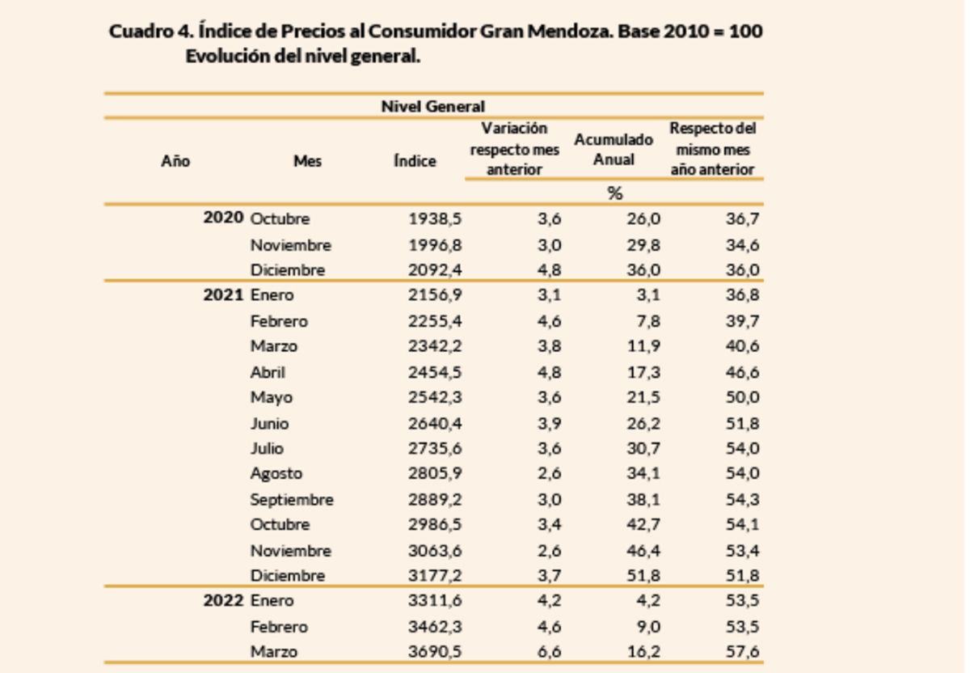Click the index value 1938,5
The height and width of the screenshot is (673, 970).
pyautogui.click(x=435, y=219)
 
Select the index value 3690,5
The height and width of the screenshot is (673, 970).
pyautogui.click(x=435, y=652)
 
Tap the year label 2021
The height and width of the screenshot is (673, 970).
pyautogui.click(x=223, y=295)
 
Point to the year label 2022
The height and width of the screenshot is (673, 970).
pyautogui.click(x=223, y=601)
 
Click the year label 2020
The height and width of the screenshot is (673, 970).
pyautogui.click(x=223, y=218)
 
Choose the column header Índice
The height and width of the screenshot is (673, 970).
pyautogui.click(x=415, y=161)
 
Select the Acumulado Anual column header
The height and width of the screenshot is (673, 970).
pyautogui.click(x=614, y=150)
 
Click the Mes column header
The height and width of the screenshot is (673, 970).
pyautogui.click(x=307, y=161)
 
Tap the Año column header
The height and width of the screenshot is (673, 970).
pyautogui.click(x=175, y=161)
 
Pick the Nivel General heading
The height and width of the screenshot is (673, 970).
pyautogui.click(x=433, y=107)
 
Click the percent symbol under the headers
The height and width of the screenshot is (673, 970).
pyautogui.click(x=614, y=193)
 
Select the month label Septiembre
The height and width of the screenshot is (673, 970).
pyautogui.click(x=292, y=500)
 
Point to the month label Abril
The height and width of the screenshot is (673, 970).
pyautogui.click(x=268, y=373)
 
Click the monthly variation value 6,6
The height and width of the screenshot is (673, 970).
pyautogui.click(x=550, y=652)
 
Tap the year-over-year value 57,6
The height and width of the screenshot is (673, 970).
pyautogui.click(x=741, y=652)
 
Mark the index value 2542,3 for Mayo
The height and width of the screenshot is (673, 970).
pyautogui.click(x=435, y=398)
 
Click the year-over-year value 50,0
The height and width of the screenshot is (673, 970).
pyautogui.click(x=741, y=398)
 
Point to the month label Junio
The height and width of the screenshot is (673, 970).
pyautogui.click(x=269, y=424)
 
